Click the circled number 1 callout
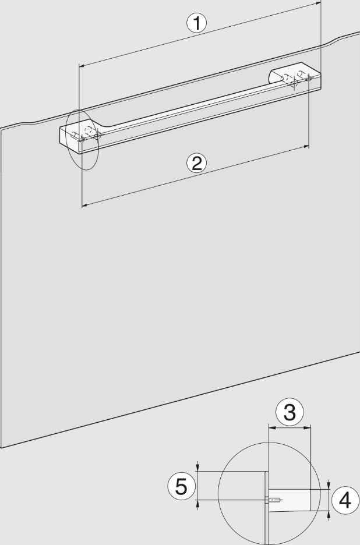click(x=197, y=23)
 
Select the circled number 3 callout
click(x=290, y=412)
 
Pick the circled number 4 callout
click(x=345, y=501)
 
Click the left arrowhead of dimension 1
click(x=82, y=65)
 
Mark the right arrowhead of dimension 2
click(x=306, y=147)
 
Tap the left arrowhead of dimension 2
click(x=84, y=206)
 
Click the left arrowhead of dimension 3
click(x=271, y=428)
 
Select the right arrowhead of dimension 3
click(x=308, y=428)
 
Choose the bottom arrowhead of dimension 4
click(x=329, y=514)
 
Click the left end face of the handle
click(x=69, y=139)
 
